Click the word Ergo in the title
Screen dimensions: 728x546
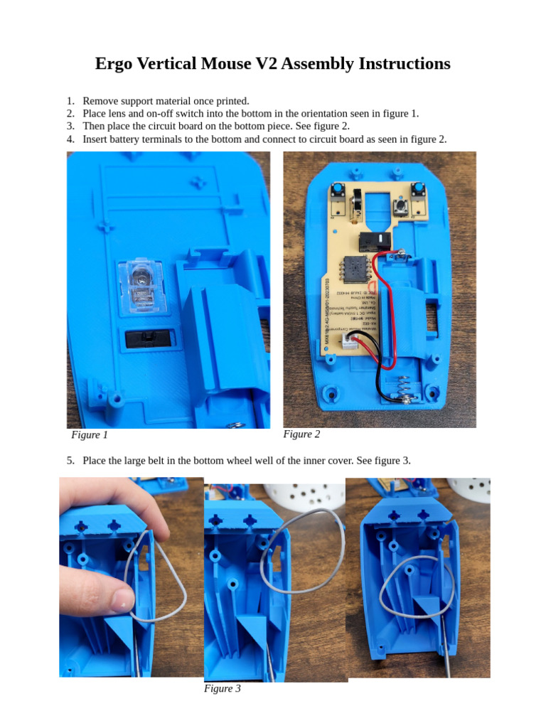pos(117,64)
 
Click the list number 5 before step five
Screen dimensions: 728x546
pos(70,460)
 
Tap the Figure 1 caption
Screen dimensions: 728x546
pos(90,435)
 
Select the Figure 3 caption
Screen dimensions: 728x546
pos(222,688)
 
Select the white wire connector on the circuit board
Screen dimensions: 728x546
pos(350,343)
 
